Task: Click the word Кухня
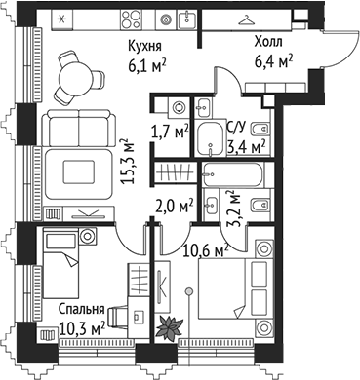[x=144, y=46]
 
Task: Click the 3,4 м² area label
[x=247, y=147]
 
